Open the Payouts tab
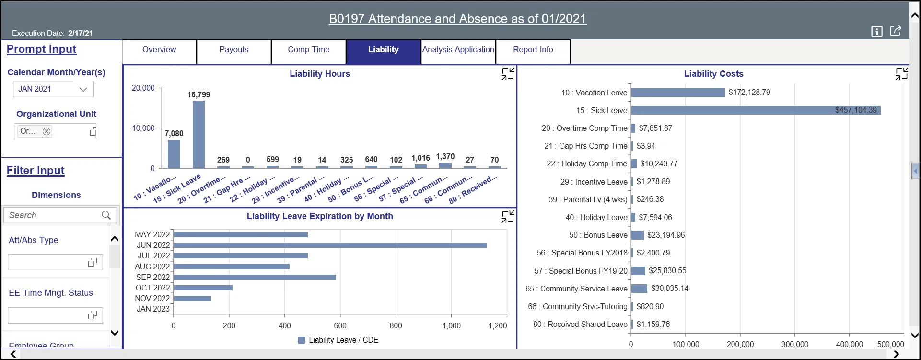(x=234, y=50)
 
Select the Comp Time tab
(x=308, y=50)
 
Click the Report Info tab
(x=533, y=50)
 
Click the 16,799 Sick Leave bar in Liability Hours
(x=198, y=134)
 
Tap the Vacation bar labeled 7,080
(x=174, y=154)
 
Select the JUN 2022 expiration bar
(x=330, y=245)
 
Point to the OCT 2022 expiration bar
(x=203, y=288)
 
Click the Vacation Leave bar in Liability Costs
(x=677, y=93)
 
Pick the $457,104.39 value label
(x=856, y=110)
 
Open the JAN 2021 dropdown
(x=53, y=89)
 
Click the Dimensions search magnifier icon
(x=106, y=215)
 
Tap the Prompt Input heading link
(x=42, y=49)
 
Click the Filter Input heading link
(x=35, y=170)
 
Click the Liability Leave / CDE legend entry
(x=338, y=340)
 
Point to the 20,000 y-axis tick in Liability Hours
(x=143, y=88)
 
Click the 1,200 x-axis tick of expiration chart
(x=497, y=326)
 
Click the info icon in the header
(x=876, y=32)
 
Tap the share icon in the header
(x=895, y=31)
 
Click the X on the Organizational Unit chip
(x=47, y=131)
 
